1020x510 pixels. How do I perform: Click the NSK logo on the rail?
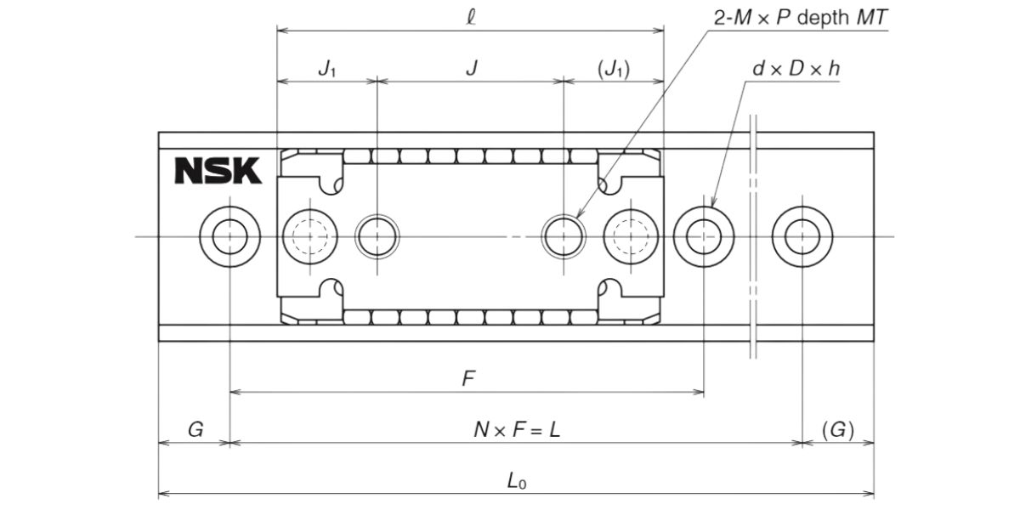coord(218,170)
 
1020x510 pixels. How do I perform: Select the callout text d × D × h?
coord(796,69)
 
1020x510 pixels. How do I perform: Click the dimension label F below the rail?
coord(467,379)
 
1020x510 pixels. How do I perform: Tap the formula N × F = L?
coord(517,430)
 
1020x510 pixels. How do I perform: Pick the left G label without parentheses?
coord(195,430)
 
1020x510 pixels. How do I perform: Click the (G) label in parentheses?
coord(838,430)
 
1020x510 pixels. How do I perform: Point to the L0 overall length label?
coord(517,480)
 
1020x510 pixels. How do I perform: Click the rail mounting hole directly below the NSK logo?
coord(229,235)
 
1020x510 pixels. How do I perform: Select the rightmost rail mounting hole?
coord(802,235)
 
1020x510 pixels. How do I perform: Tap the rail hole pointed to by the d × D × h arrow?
coord(704,235)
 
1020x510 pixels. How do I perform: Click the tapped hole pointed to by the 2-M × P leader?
coord(564,235)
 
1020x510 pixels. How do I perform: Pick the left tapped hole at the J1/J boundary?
coord(377,235)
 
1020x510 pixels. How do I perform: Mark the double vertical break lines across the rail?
coord(753,235)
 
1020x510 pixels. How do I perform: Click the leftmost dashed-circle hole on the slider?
coord(310,235)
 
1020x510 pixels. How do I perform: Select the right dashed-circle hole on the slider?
coord(631,235)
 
